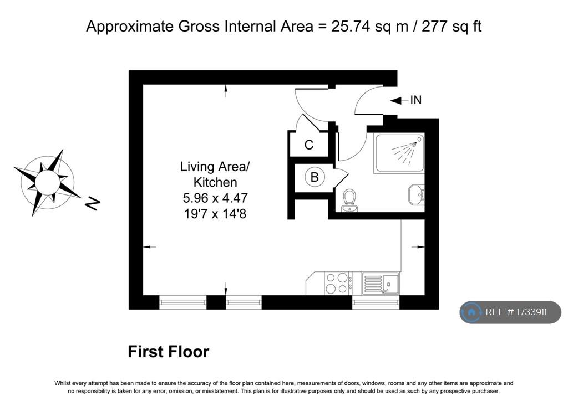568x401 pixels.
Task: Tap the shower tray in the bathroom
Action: [399, 153]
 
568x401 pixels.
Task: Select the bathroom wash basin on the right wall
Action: [416, 194]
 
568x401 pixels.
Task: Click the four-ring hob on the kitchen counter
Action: [337, 283]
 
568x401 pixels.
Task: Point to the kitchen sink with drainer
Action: [381, 284]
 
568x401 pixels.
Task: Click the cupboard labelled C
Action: [308, 144]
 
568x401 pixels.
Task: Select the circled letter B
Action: [315, 177]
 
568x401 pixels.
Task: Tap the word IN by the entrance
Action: [416, 100]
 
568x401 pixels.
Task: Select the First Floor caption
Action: [169, 352]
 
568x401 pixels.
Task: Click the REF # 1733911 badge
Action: [510, 312]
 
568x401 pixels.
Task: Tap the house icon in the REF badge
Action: [471, 312]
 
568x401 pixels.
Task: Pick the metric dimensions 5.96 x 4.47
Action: [215, 198]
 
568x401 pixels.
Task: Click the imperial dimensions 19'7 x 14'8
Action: [215, 214]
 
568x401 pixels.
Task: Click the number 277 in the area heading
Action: [434, 26]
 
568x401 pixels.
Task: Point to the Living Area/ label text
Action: [215, 166]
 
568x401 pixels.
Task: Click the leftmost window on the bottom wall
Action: [183, 302]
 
